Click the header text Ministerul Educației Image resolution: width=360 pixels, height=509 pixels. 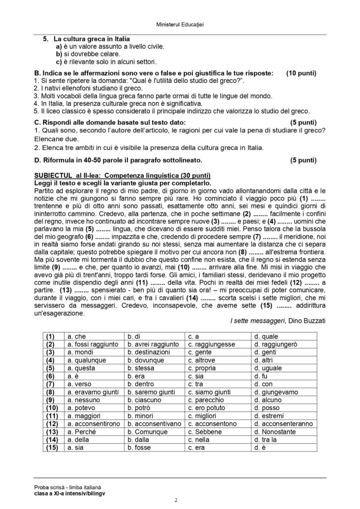180,23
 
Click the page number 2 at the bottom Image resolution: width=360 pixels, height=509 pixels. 176,499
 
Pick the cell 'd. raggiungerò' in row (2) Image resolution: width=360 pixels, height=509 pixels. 275,344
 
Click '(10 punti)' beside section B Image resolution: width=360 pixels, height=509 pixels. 301,73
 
